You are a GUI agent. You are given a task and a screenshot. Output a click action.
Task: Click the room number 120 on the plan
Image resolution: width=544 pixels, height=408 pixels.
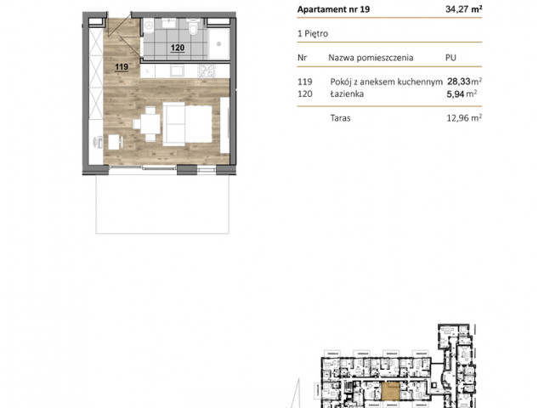coord(178,48)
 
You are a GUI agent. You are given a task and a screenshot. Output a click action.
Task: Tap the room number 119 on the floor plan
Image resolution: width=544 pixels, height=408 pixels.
coord(122,66)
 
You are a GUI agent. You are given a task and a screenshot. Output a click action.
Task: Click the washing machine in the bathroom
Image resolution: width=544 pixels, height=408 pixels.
coord(149,25)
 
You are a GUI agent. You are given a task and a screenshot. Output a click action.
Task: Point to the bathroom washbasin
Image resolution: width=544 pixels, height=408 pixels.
coord(168,23)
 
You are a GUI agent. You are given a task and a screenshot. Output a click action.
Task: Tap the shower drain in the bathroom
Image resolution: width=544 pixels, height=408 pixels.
coord(219,43)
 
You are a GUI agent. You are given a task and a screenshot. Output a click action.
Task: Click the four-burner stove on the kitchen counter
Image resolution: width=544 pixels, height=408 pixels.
coord(206,71)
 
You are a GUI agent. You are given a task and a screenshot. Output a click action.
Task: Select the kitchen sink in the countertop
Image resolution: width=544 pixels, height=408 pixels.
coord(176,71)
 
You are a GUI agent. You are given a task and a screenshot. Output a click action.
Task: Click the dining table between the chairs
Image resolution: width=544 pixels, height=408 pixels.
coord(150,124)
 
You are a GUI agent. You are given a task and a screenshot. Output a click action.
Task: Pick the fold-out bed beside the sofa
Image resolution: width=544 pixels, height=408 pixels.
coord(198,124)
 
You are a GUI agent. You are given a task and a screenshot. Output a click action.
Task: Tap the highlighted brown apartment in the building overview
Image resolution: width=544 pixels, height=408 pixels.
coord(391,391)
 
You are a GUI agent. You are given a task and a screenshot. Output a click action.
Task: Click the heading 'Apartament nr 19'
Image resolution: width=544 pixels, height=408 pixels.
coord(333,9)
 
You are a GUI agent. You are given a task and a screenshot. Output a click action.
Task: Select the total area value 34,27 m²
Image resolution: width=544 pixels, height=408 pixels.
coord(463,9)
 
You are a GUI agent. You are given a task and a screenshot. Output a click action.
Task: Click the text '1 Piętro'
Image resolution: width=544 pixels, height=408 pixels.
coord(313,34)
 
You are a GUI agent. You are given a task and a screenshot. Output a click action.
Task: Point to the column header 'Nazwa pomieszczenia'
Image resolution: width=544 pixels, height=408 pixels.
coord(371,58)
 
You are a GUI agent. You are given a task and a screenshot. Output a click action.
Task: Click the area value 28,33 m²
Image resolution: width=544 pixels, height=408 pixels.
coord(464,82)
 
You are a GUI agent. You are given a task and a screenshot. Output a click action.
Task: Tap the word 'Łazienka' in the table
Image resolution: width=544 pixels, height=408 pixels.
coord(347,93)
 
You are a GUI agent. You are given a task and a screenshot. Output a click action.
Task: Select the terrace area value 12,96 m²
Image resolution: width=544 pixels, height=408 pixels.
coord(464,118)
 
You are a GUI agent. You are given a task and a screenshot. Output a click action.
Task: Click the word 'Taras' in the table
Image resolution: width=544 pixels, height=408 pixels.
coord(340,118)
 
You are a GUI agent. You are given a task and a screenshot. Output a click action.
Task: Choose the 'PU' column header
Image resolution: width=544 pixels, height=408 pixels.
coord(450,58)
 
